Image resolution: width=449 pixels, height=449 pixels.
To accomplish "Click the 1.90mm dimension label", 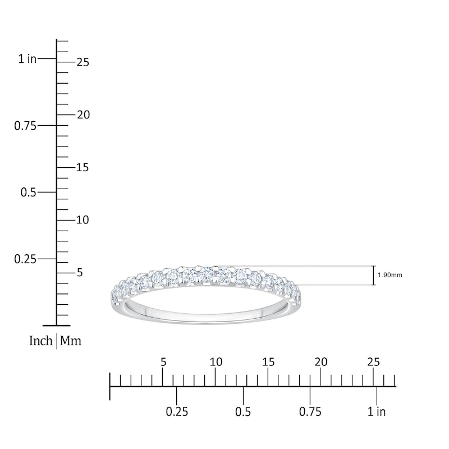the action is pyautogui.click(x=390, y=275).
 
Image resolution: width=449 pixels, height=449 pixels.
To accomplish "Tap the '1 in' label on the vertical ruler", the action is pyautogui.click(x=28, y=59).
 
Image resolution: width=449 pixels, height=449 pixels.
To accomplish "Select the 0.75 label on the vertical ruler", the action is pyautogui.click(x=25, y=126).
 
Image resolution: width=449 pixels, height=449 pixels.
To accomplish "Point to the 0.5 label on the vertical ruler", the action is pyautogui.click(x=29, y=192).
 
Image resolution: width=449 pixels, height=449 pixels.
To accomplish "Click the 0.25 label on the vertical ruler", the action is pyautogui.click(x=25, y=259).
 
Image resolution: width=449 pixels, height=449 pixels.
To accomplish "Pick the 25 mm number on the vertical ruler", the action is pyautogui.click(x=83, y=62).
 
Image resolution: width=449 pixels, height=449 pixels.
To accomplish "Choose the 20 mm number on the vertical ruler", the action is pyautogui.click(x=83, y=115).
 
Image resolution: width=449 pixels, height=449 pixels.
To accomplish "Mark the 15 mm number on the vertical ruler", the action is pyautogui.click(x=83, y=167).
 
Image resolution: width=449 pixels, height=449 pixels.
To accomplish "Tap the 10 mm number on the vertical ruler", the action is pyautogui.click(x=83, y=220).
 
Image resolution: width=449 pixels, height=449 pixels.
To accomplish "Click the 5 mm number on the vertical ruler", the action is pyautogui.click(x=80, y=273).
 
